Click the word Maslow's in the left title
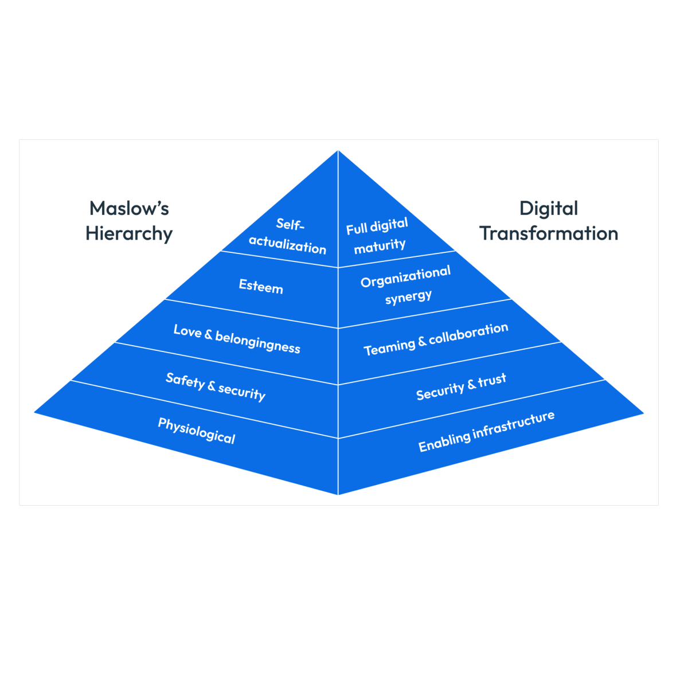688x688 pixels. [x=129, y=208]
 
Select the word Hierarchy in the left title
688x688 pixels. [x=129, y=234]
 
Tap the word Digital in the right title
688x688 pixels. [x=549, y=208]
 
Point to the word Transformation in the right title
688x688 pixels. [x=549, y=233]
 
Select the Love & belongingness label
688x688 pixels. [x=237, y=339]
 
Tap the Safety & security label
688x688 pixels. [x=216, y=386]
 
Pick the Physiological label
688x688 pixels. [x=197, y=431]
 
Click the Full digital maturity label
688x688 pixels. [x=378, y=236]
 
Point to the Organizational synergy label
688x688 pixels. [x=406, y=285]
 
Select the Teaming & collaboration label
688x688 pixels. [x=436, y=339]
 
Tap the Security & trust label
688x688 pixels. [x=461, y=386]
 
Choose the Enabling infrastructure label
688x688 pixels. [x=486, y=431]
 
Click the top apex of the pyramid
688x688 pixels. [x=338, y=151]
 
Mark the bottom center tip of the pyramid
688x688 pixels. [x=338, y=494]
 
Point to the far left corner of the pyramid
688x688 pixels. [x=36, y=412]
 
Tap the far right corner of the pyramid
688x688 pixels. [x=642, y=412]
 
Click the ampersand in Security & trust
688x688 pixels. [x=471, y=384]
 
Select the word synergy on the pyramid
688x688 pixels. [x=408, y=298]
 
